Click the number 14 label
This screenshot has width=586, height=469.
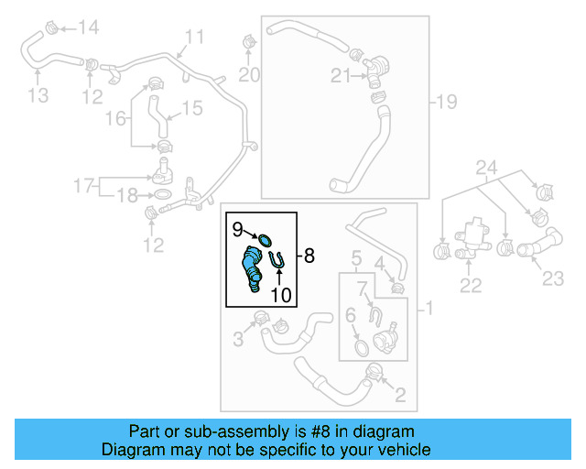pyautogui.click(x=87, y=27)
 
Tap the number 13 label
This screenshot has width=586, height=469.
pyautogui.click(x=38, y=94)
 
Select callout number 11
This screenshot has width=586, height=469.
pyautogui.click(x=193, y=38)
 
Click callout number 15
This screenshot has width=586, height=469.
pyautogui.click(x=190, y=109)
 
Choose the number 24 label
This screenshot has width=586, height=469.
pyautogui.click(x=485, y=167)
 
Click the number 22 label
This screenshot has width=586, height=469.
pyautogui.click(x=470, y=286)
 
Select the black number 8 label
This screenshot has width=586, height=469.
pyautogui.click(x=309, y=256)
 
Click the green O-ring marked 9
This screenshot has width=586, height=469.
pyautogui.click(x=266, y=240)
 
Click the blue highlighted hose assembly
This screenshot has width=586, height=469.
pyautogui.click(x=251, y=271)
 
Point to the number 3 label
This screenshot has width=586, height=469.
pyautogui.click(x=238, y=339)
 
